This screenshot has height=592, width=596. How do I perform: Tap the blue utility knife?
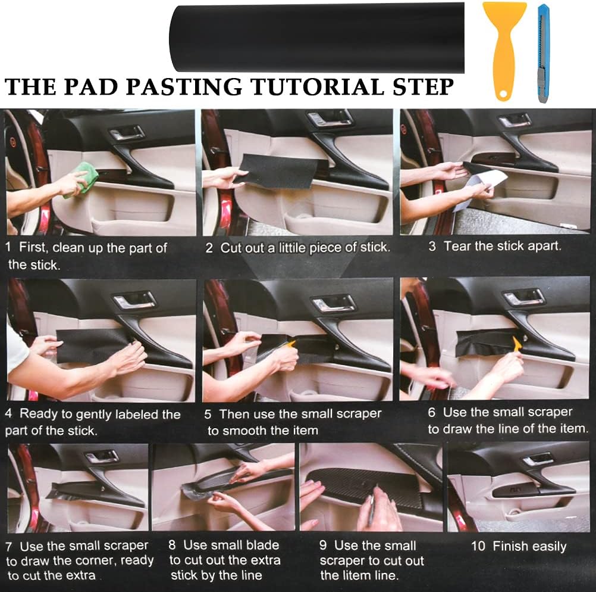click(544, 53)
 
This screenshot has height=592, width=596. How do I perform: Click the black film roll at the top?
click(316, 38)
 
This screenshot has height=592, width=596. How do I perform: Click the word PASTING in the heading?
click(184, 86)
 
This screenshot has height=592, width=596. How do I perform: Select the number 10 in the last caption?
click(478, 546)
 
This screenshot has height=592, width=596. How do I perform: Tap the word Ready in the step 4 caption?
click(37, 414)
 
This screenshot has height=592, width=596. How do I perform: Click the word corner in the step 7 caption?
click(91, 560)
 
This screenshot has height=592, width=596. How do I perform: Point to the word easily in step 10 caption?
click(548, 547)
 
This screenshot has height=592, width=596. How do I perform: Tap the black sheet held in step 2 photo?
click(280, 172)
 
